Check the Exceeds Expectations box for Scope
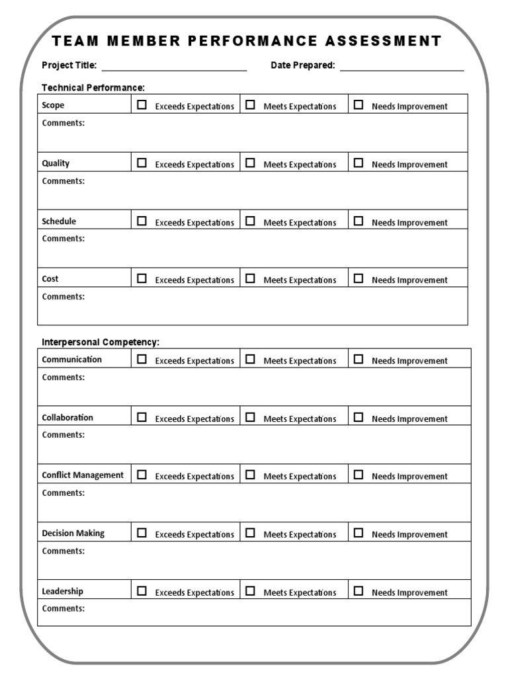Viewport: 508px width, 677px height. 142,104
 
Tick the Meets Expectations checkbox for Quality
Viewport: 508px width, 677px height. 250,163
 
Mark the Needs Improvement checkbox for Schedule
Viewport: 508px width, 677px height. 359,221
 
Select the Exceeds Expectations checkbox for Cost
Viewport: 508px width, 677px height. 142,278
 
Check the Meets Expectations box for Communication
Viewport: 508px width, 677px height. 250,359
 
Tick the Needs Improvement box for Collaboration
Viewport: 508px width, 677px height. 359,417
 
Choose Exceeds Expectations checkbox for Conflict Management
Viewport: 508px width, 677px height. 142,475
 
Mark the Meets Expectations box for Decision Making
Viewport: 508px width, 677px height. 250,533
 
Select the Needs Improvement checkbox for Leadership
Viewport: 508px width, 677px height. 359,591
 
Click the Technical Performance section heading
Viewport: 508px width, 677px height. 93,87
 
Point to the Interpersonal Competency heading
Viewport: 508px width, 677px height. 101,342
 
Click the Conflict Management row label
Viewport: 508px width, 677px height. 83,475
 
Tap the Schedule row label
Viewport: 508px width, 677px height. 59,221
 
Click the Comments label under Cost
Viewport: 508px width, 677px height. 63,297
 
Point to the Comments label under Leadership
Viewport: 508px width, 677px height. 63,608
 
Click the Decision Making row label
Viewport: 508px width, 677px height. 73,534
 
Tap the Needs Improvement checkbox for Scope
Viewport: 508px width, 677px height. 359,104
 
